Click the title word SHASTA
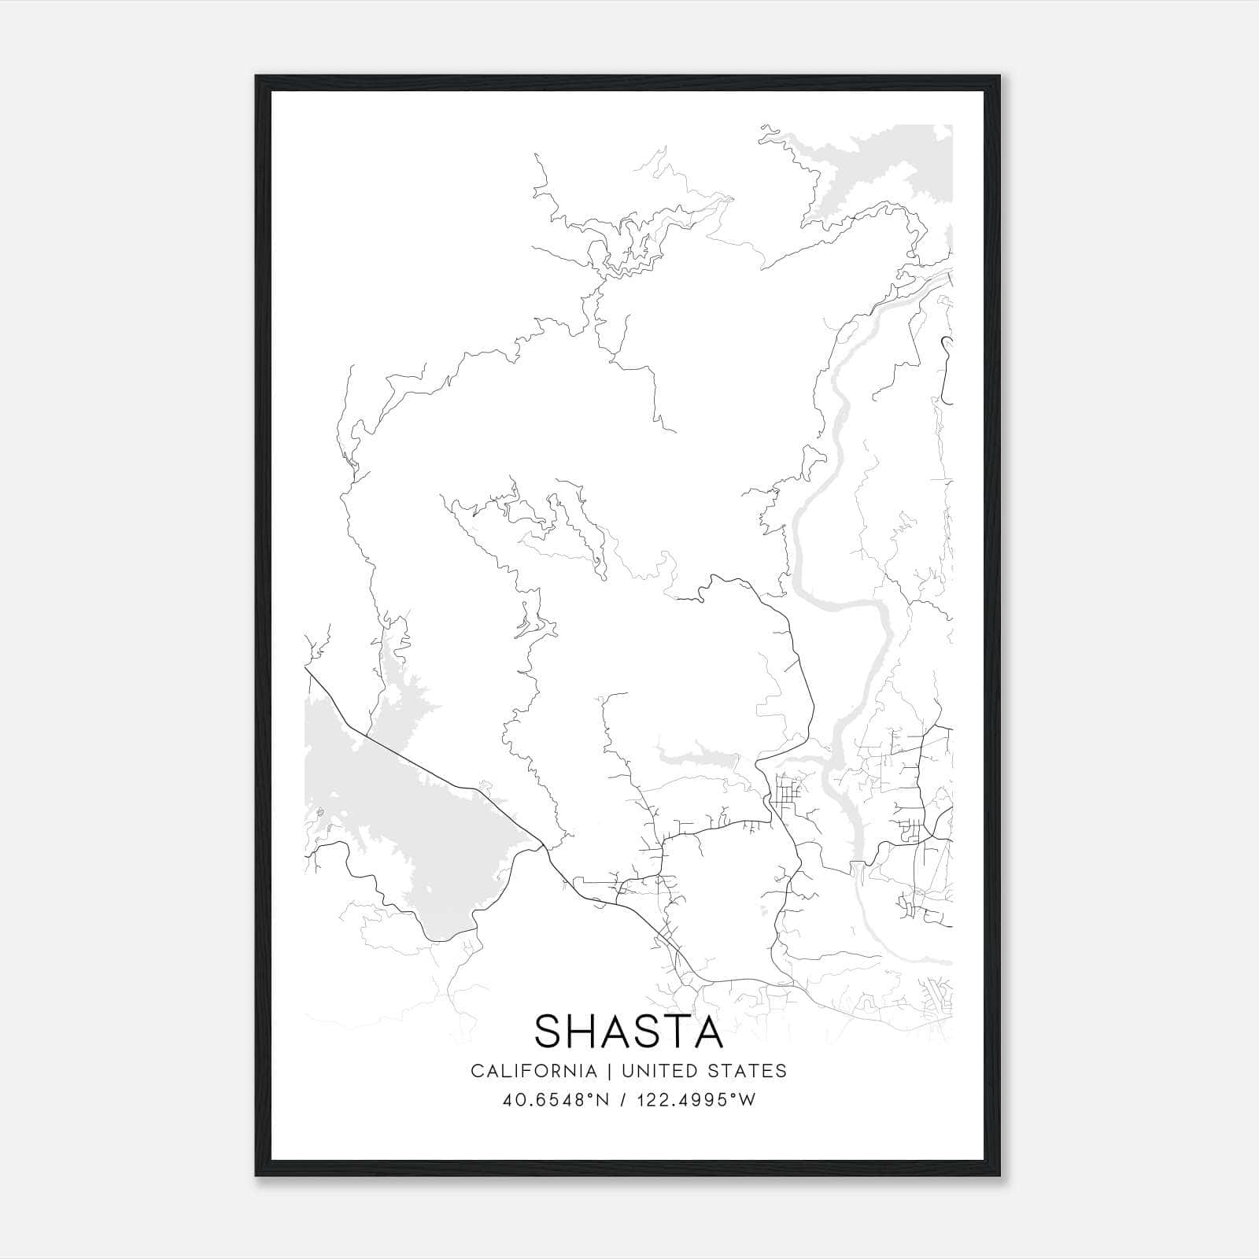coord(629,1031)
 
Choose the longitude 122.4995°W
coord(696,1099)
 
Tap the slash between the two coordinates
coord(624,1099)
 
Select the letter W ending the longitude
coord(747,1099)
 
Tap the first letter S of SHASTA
coord(549,1031)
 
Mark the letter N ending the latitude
coord(604,1099)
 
